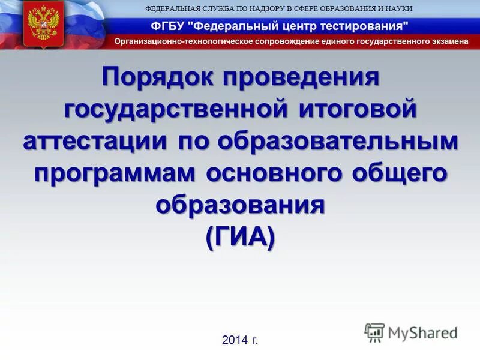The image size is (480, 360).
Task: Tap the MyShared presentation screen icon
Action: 374,332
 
